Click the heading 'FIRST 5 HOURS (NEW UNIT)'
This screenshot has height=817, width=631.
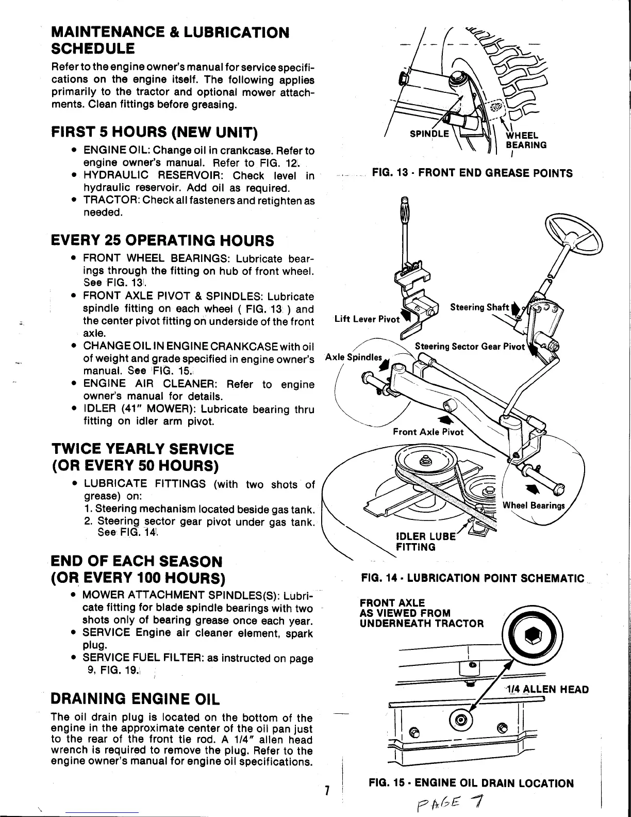click(154, 132)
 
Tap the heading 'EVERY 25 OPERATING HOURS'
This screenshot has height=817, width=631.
click(162, 240)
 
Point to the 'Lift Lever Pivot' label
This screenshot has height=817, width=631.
click(367, 319)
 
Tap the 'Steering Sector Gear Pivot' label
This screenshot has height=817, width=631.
click(469, 346)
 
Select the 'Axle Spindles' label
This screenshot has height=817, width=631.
click(354, 357)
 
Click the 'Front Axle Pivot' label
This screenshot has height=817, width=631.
click(428, 432)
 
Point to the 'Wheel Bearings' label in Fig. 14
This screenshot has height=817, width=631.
click(534, 505)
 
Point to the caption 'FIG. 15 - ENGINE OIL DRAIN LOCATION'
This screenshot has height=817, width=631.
click(471, 783)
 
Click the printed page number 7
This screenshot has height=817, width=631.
click(327, 790)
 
